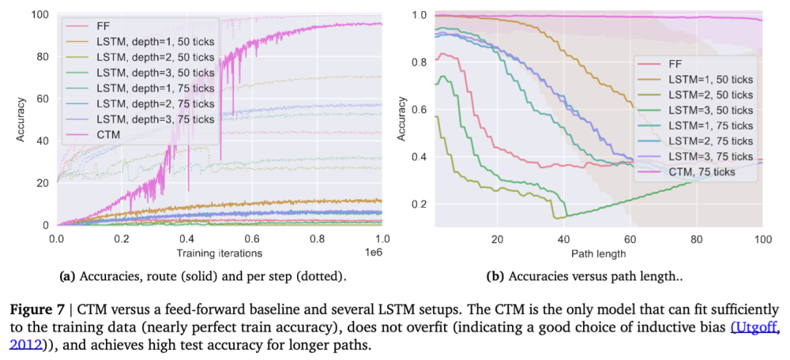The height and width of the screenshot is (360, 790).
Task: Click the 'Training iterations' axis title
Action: (x=219, y=253)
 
